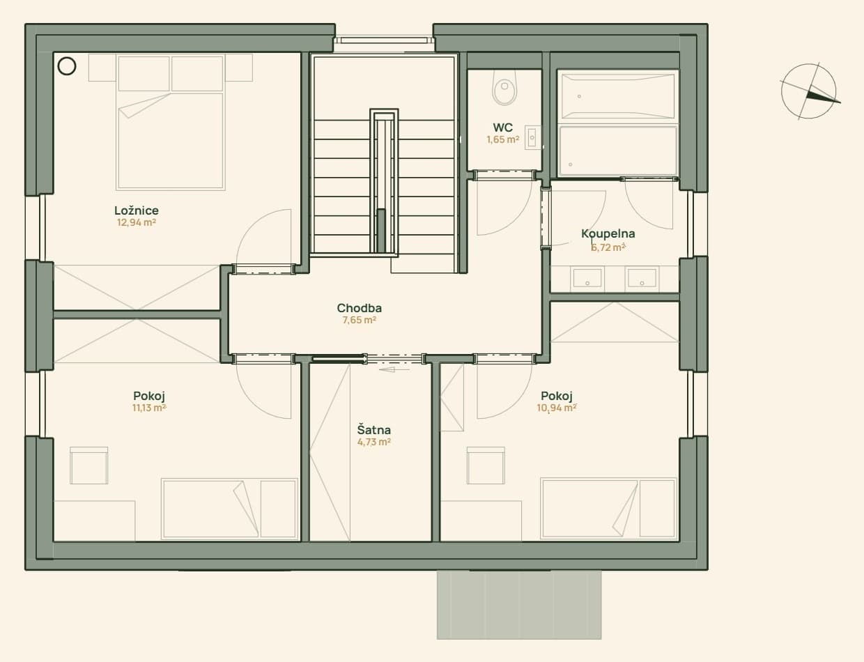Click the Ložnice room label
tap(137, 210)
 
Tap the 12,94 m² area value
tap(137, 222)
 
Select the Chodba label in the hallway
tap(359, 308)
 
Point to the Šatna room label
tap(373, 430)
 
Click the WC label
tap(502, 128)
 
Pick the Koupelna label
tap(608, 233)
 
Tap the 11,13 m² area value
tap(149, 408)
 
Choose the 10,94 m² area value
tap(557, 408)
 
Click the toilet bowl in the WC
tap(504, 88)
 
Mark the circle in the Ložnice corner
tap(67, 66)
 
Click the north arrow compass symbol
tap(809, 91)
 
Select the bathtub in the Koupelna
tap(617, 95)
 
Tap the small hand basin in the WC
tap(532, 137)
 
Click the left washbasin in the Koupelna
tap(587, 279)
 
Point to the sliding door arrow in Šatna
tap(394, 369)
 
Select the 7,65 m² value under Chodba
tap(360, 320)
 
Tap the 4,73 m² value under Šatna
tap(373, 442)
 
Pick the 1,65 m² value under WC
tap(503, 139)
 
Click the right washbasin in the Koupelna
tap(642, 279)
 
